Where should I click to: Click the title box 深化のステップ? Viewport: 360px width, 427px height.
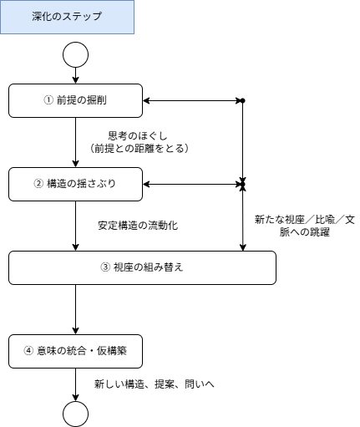67,17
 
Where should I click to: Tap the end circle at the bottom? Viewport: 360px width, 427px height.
75,413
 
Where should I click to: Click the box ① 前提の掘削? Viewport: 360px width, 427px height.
75,100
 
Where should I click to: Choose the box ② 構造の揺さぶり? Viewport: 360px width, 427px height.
75,184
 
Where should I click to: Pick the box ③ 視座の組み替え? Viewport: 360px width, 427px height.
142,267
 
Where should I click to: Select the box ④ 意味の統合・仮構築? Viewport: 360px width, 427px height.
75,351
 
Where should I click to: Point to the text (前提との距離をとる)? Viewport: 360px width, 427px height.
139,148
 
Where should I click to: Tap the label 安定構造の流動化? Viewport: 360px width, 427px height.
138,226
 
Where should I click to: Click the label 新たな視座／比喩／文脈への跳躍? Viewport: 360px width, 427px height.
305,226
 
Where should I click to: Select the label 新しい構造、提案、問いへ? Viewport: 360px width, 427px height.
155,384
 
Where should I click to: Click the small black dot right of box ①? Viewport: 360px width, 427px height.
243,100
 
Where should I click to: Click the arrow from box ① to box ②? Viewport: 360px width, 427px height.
75,142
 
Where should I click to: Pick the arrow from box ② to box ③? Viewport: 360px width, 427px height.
75,226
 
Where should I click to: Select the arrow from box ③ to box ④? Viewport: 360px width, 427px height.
75,309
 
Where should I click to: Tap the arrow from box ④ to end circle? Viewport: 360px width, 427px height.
75,384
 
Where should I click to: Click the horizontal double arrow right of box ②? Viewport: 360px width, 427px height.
192,184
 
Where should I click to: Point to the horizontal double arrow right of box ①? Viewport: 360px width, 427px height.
192,100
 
